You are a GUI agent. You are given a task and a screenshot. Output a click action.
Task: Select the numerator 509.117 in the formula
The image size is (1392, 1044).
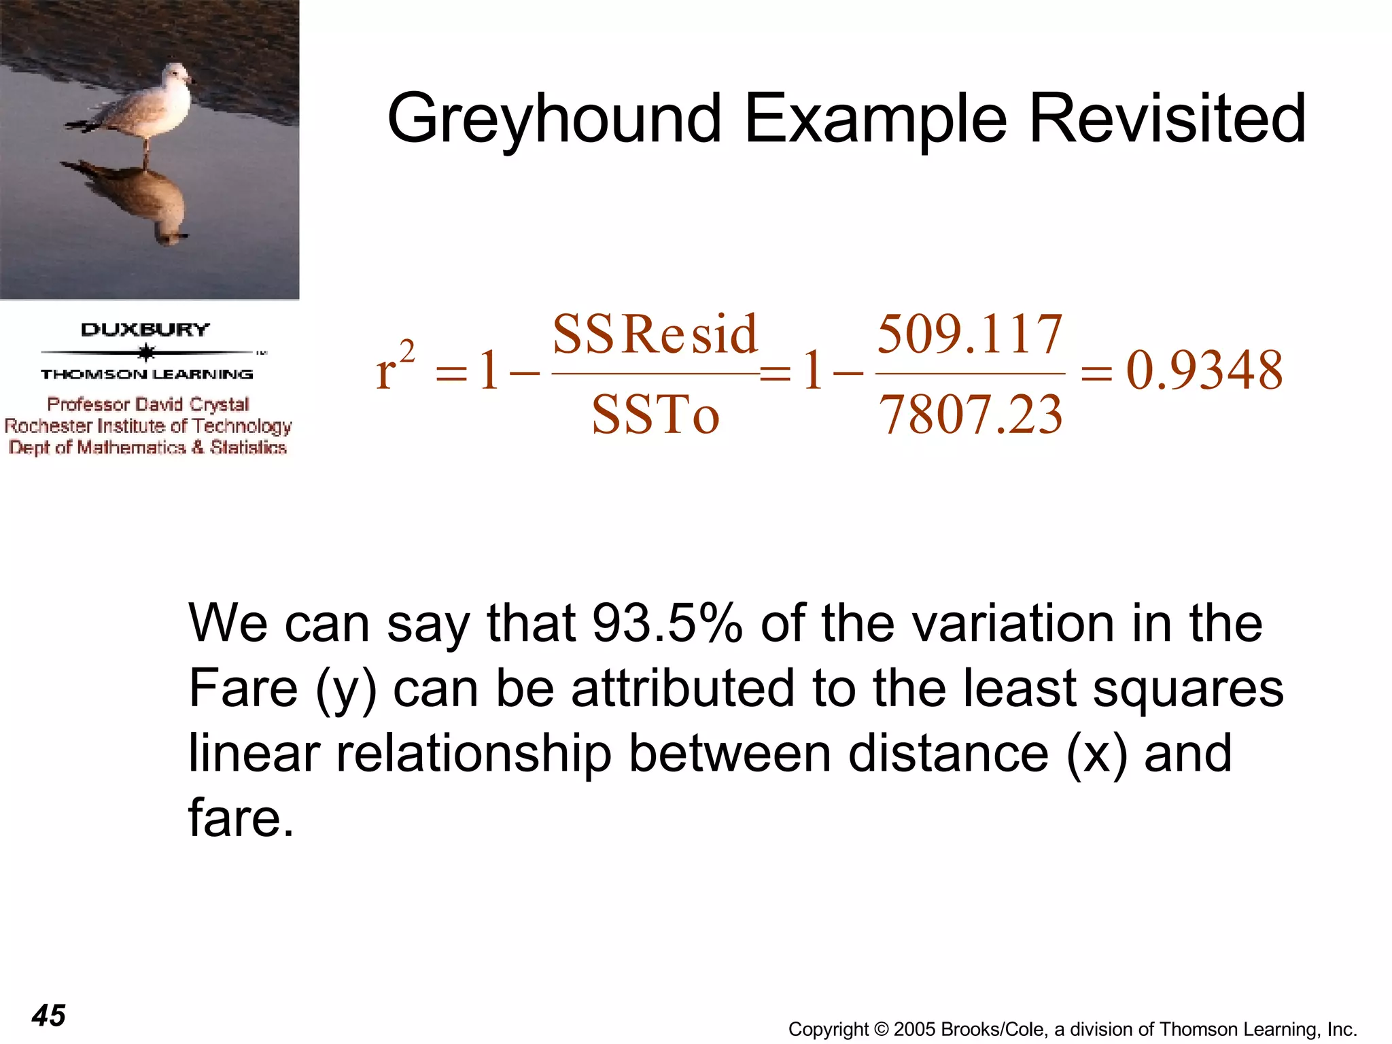[x=969, y=334]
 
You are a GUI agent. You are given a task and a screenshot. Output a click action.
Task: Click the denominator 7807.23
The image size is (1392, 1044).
[x=971, y=415]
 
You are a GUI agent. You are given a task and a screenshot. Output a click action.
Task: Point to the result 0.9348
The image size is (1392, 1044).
[x=1204, y=371]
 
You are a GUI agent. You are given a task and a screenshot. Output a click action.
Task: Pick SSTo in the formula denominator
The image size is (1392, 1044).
[x=655, y=415]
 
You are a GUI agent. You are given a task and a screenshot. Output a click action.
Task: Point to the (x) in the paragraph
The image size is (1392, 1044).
[x=1096, y=753]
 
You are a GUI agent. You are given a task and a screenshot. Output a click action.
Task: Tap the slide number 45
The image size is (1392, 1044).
[x=49, y=1015]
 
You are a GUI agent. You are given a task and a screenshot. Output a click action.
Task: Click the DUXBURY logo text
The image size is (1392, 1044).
[x=145, y=330]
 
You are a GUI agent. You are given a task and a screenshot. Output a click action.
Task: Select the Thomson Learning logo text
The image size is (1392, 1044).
[x=147, y=375]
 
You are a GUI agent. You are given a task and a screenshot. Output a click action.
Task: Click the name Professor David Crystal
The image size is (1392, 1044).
[x=148, y=404]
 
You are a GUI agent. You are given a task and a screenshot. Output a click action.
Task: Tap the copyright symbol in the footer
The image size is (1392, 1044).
[x=881, y=1029]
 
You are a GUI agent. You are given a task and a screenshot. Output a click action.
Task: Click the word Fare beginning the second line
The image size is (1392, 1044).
[x=243, y=688]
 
